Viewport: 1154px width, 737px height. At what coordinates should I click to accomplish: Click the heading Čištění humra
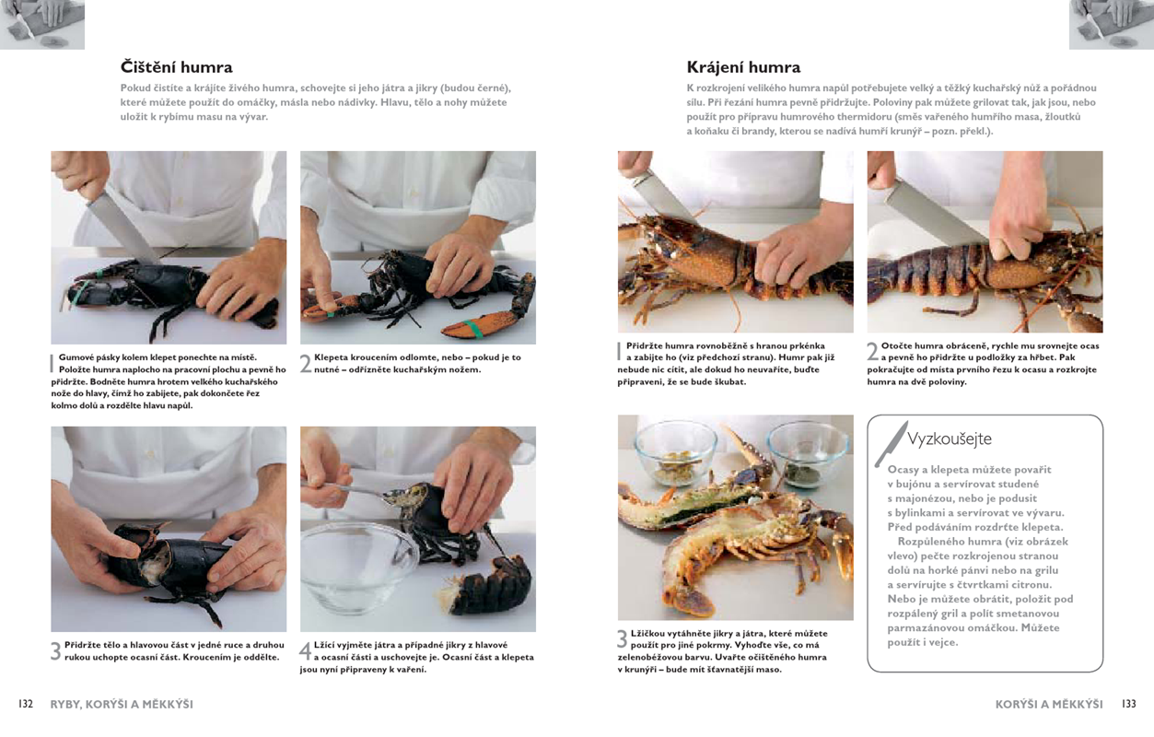[176, 67]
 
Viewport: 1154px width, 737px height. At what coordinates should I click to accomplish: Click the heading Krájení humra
[743, 67]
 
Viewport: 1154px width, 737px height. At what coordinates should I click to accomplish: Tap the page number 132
[26, 704]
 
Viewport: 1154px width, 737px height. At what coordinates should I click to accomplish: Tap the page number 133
[1129, 704]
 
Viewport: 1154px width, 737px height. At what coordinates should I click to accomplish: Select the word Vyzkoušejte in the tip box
[949, 439]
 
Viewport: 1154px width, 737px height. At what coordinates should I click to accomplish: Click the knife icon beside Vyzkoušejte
[891, 444]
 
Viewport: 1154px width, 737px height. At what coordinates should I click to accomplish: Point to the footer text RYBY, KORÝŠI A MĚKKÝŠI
[122, 705]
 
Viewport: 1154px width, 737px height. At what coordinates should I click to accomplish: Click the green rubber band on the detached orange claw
[472, 328]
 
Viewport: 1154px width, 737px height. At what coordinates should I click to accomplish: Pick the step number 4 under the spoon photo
[306, 651]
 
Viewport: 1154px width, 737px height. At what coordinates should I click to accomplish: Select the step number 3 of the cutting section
[623, 639]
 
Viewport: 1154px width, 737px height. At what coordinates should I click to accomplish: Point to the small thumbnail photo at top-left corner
[42, 24]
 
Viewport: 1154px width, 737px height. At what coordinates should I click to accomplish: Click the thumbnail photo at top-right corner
[1112, 24]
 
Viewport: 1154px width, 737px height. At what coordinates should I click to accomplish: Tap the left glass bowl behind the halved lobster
[676, 454]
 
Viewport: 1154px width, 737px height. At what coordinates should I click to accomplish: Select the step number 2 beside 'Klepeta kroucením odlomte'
[306, 364]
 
